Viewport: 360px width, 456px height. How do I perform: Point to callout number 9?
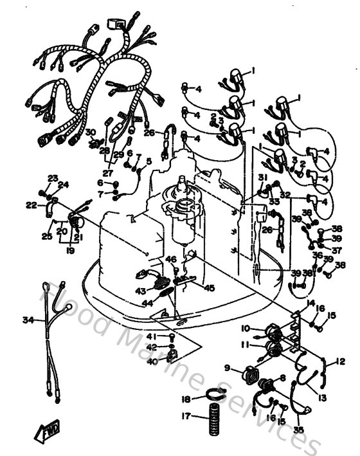(x=227, y=368)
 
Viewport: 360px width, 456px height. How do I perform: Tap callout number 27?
(x=107, y=173)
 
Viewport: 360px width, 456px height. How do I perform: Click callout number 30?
(x=91, y=132)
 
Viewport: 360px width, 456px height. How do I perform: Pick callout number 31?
(x=262, y=177)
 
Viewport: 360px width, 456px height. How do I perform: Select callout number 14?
(x=310, y=303)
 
